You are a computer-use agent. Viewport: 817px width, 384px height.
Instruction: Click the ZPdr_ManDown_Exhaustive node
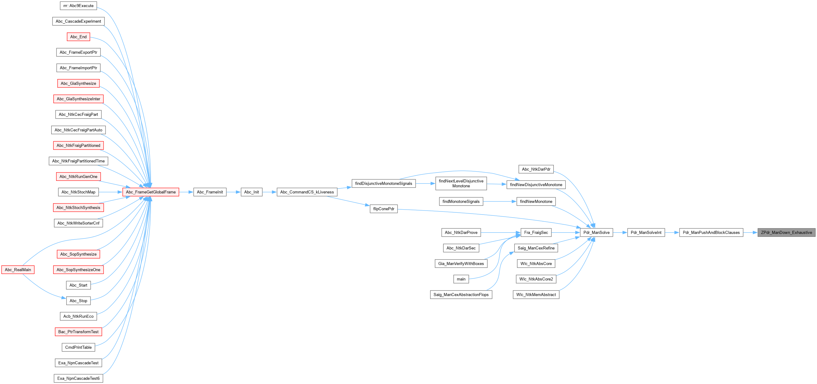pos(786,233)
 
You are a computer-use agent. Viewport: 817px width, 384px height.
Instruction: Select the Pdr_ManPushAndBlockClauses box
pos(711,233)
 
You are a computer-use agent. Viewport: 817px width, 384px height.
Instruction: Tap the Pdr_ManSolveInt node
pos(646,233)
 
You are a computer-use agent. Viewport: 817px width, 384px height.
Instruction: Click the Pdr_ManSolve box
pos(596,233)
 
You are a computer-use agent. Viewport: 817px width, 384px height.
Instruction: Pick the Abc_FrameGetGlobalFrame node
pos(151,192)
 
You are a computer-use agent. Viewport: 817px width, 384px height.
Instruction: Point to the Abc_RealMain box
pos(18,270)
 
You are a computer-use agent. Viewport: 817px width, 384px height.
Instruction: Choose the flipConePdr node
pos(383,209)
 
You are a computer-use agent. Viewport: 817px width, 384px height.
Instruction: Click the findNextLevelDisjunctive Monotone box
pos(461,184)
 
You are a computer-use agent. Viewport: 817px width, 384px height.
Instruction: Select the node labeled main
pos(461,279)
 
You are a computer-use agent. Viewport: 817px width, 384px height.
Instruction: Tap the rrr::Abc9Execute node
pos(78,6)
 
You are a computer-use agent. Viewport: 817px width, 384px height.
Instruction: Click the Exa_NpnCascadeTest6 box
pos(78,378)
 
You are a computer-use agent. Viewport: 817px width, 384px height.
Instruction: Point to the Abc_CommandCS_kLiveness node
pos(307,192)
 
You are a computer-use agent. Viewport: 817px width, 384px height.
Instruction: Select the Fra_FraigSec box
pos(536,233)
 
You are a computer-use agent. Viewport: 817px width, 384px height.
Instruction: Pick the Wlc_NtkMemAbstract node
pos(536,295)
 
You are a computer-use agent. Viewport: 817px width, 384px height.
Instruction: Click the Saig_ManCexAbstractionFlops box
pos(461,295)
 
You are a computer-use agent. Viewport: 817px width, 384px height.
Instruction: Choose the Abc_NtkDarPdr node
pos(536,169)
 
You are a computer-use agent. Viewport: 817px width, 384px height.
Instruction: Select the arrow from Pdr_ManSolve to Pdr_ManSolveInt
pos(620,233)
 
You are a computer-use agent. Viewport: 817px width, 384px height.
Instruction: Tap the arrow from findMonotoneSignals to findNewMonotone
pos(500,202)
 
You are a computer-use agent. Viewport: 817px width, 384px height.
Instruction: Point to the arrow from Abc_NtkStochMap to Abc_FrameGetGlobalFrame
pos(111,192)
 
